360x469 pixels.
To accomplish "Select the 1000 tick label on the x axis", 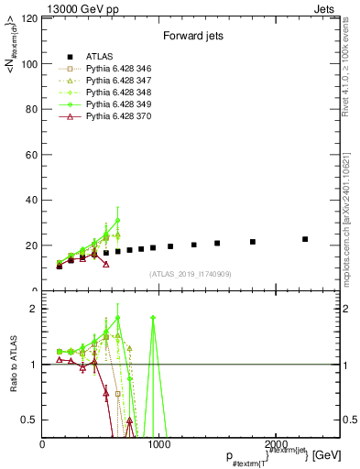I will [158, 444].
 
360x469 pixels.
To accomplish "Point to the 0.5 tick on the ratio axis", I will [30, 420].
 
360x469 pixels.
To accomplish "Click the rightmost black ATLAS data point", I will [305, 239].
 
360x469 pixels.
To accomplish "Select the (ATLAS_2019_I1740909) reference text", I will [191, 274].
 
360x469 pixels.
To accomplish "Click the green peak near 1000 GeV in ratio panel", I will [153, 318].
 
